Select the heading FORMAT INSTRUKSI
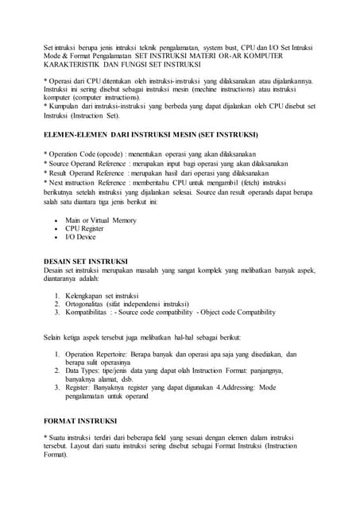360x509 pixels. [x=79, y=420]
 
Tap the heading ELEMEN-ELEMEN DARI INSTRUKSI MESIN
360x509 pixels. [x=150, y=135]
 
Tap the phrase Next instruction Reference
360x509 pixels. [x=91, y=181]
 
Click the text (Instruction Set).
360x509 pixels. [x=101, y=115]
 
